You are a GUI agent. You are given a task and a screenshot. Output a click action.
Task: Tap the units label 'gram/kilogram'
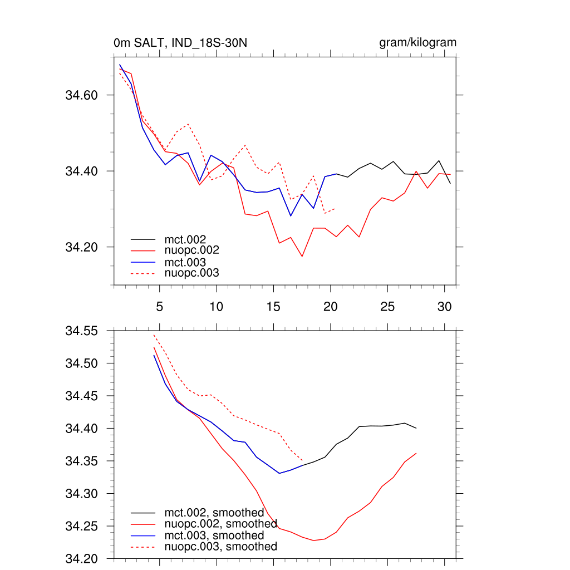(417, 43)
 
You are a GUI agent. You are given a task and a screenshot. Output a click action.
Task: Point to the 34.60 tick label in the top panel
(81, 95)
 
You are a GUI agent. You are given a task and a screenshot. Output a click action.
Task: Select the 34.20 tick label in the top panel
(81, 247)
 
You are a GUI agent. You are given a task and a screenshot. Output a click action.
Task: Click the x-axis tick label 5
(159, 307)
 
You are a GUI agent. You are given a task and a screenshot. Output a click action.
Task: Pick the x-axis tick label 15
(273, 307)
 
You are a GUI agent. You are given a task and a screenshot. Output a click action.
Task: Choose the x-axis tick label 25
(387, 307)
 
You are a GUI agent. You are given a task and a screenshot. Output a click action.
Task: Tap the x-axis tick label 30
(444, 307)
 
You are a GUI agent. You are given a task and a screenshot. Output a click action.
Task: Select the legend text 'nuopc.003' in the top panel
(191, 273)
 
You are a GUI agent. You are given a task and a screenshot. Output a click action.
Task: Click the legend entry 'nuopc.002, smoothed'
(220, 524)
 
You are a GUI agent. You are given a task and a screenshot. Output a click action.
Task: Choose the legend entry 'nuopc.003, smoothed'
(220, 547)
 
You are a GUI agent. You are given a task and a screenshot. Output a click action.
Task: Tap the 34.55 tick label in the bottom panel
(81, 331)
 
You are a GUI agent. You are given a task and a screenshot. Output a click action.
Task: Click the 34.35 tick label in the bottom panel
(81, 461)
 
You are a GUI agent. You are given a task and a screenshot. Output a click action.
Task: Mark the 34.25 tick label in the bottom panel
(81, 527)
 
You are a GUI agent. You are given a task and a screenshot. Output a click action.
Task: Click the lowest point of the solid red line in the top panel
(302, 257)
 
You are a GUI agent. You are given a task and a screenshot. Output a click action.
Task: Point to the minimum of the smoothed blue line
(279, 473)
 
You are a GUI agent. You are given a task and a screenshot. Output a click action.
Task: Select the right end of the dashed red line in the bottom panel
(302, 460)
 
